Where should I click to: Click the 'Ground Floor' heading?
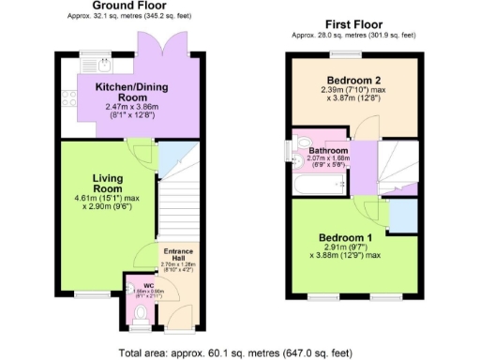point(122,7)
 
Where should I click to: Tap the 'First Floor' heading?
point(352,23)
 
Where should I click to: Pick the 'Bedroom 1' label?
point(344,236)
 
